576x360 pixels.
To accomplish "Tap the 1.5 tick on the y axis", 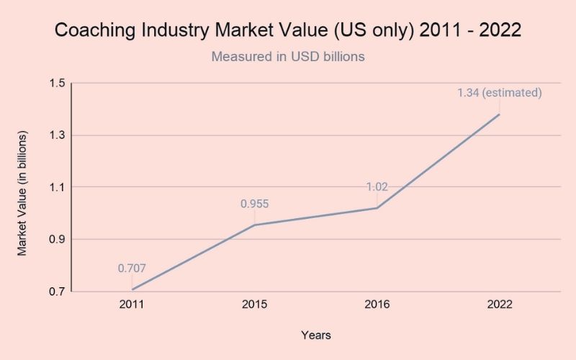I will (57, 84).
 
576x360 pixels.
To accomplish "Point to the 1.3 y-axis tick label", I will (57, 135).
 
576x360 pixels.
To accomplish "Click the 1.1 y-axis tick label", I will (57, 187).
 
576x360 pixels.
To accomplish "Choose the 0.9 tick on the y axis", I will (57, 239).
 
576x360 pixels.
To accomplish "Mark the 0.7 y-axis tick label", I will (57, 292).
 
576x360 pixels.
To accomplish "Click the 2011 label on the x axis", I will (132, 305).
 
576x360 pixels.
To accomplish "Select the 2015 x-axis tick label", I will (254, 305).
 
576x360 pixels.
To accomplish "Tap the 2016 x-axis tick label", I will (377, 305).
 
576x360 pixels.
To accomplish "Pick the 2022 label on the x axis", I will (499, 305).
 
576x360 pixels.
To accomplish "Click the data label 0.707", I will (132, 269).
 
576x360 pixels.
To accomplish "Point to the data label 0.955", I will (254, 204).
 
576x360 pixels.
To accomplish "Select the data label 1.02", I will (377, 187).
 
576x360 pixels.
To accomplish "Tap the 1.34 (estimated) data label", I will (499, 93).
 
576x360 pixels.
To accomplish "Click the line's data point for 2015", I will (254, 225).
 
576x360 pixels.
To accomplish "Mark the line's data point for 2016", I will (377, 208).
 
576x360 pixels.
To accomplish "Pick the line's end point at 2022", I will (499, 114).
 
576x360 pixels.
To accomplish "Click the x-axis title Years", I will (315, 335).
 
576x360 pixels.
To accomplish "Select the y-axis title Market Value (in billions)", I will (22, 194).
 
